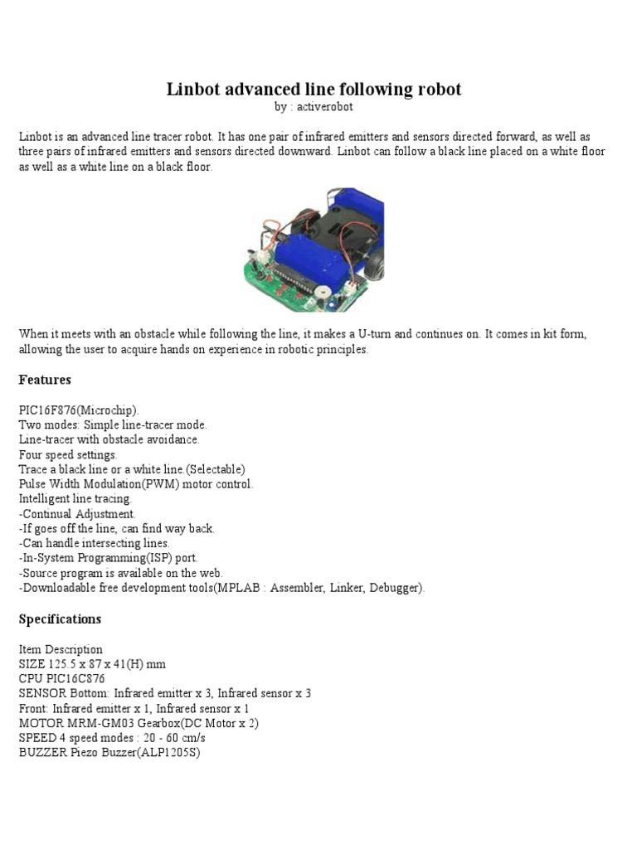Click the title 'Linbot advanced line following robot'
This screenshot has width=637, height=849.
click(x=314, y=90)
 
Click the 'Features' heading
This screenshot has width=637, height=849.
click(x=45, y=380)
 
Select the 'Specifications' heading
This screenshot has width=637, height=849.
click(x=60, y=619)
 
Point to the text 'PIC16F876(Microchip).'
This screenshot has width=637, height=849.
click(x=80, y=410)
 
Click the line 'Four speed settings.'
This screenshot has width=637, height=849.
click(x=68, y=455)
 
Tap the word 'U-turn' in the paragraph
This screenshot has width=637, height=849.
click(x=377, y=334)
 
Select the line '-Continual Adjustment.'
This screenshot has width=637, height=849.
click(x=77, y=514)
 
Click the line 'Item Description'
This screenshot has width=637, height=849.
click(x=61, y=649)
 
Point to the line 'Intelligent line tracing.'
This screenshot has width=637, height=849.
click(x=75, y=499)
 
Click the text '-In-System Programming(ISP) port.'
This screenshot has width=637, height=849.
click(x=108, y=559)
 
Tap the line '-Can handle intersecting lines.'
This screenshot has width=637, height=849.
click(x=94, y=544)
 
